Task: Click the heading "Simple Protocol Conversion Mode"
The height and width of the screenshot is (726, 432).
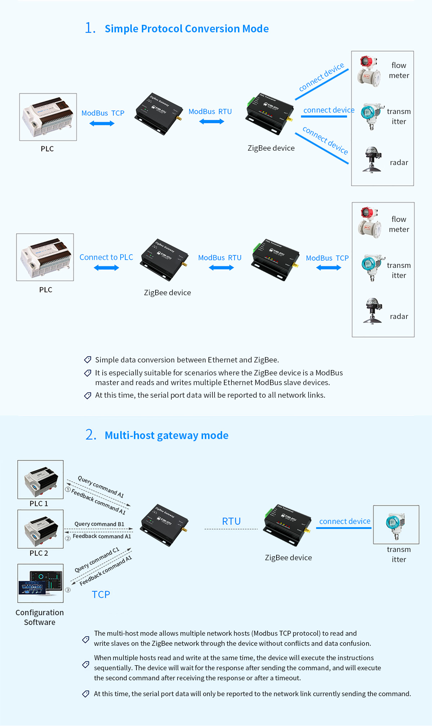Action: [x=186, y=29]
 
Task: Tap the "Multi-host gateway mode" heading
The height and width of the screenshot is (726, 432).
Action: [x=166, y=435]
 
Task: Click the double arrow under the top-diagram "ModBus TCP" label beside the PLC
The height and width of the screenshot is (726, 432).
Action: [x=102, y=124]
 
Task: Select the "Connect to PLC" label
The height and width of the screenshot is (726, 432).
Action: [x=106, y=257]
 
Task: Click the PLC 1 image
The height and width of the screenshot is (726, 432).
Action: [x=40, y=479]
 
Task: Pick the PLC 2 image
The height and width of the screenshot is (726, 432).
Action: [x=40, y=529]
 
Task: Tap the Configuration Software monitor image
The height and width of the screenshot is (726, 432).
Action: [x=40, y=583]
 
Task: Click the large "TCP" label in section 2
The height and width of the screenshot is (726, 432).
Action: [x=101, y=595]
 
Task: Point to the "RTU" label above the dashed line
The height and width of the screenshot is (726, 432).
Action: [x=231, y=521]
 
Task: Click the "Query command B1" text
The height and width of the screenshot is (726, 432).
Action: [x=99, y=524]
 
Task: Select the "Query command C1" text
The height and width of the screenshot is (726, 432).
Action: [x=96, y=560]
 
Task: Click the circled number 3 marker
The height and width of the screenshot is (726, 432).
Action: [x=68, y=590]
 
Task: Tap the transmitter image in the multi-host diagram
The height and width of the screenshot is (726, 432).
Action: [x=396, y=525]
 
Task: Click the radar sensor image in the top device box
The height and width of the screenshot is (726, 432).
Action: [x=372, y=159]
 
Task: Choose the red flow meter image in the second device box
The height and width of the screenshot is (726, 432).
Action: [x=369, y=222]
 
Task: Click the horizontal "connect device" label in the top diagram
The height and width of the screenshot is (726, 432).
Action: [x=329, y=110]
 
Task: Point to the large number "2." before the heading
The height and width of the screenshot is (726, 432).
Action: [x=91, y=435]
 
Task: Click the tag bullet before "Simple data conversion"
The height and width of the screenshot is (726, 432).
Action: [x=87, y=360]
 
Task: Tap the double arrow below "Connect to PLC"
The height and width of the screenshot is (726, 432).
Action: [x=106, y=268]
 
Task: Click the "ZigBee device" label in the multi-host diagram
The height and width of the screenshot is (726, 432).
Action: [x=288, y=558]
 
